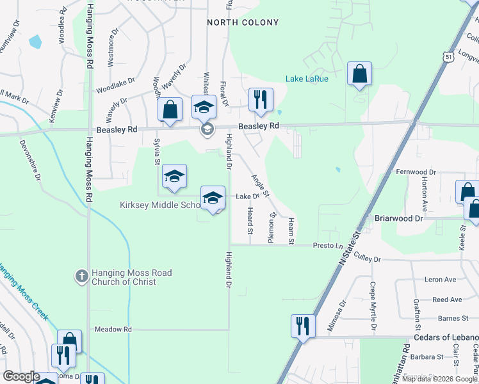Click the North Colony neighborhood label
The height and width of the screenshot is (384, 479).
243,22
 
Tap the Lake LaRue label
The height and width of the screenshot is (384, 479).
307,79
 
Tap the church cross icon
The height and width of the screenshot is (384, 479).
81,276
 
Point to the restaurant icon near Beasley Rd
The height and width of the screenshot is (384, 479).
261,99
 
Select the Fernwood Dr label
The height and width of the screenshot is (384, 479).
416,172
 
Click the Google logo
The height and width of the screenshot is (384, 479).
21,376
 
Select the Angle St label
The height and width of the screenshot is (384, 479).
261,186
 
